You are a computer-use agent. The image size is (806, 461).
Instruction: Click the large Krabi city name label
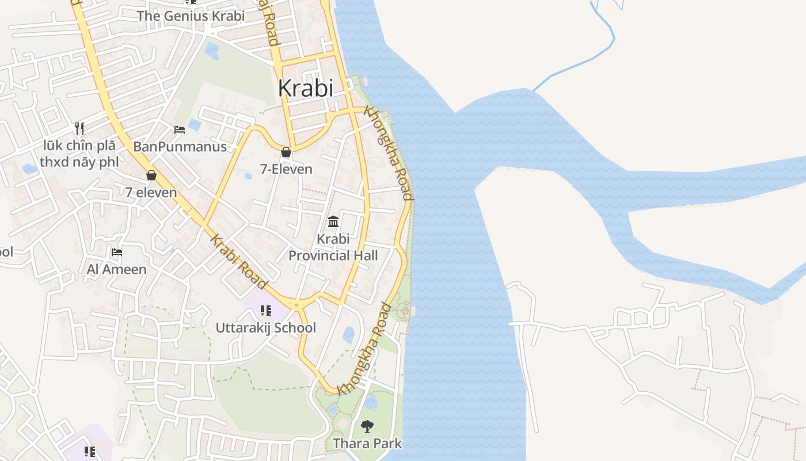tap(305, 88)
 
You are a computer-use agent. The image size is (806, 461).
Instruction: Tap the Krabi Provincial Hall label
tap(333, 247)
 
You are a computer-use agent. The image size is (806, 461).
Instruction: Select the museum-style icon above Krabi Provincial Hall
tap(333, 221)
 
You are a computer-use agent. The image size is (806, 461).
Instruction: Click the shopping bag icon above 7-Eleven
tap(286, 153)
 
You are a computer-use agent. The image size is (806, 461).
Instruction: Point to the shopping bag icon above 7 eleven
tap(151, 175)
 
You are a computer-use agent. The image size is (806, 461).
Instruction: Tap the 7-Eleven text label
tap(286, 169)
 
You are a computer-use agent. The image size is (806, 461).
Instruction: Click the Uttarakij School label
tap(265, 327)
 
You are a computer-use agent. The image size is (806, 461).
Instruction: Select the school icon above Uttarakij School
tap(265, 311)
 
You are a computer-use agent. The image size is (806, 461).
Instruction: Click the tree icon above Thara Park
tap(367, 426)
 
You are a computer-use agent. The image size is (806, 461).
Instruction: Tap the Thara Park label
tap(367, 443)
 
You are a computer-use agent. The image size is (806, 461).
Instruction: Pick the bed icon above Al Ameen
tap(117, 252)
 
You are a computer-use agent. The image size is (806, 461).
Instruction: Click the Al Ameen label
tap(117, 269)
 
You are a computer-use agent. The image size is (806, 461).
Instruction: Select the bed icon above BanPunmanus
tap(180, 130)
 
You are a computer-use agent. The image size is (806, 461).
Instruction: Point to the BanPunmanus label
tap(180, 146)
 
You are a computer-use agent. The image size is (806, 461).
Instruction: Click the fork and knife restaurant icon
tap(79, 128)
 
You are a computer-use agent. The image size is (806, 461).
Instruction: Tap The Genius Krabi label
tap(191, 16)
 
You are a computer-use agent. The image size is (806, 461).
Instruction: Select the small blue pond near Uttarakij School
tap(348, 334)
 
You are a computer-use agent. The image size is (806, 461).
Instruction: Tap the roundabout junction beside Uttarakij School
tap(296, 305)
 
